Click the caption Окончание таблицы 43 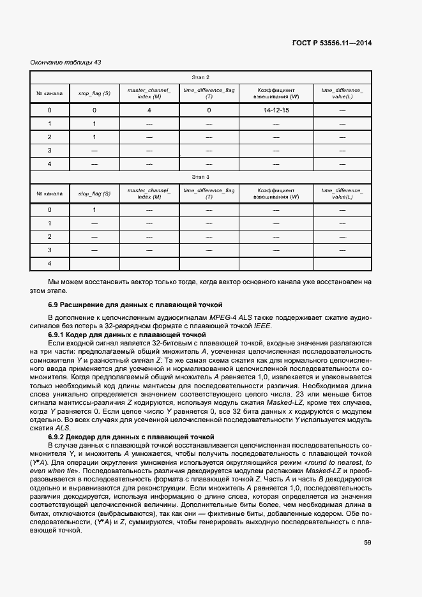tap(66, 62)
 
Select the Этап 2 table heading tap(200, 77)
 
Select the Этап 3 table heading tap(200, 176)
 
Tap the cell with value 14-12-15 tap(276, 110)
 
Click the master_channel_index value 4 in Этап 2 tap(149, 110)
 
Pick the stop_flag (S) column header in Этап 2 tap(94, 93)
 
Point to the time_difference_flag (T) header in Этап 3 tap(209, 193)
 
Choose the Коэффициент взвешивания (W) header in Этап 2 tap(276, 93)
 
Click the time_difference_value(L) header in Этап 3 tap(342, 193)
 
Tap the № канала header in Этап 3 tap(49, 193)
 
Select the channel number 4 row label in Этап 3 tap(49, 264)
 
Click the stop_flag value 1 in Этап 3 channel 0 tap(94, 210)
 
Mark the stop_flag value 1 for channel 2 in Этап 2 tap(94, 137)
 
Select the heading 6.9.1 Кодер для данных tap(127, 334)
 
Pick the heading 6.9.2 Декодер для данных tap(131, 436)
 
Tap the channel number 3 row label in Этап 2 tap(49, 151)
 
